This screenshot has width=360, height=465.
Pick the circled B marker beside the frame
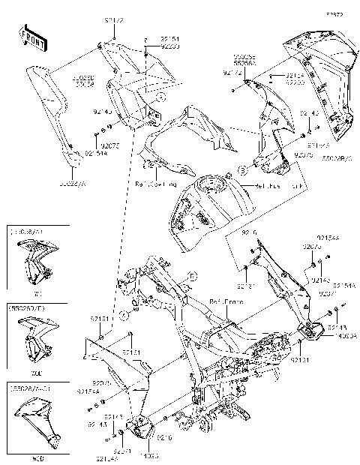[193, 277]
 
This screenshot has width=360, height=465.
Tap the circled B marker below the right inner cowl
[242, 168]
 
